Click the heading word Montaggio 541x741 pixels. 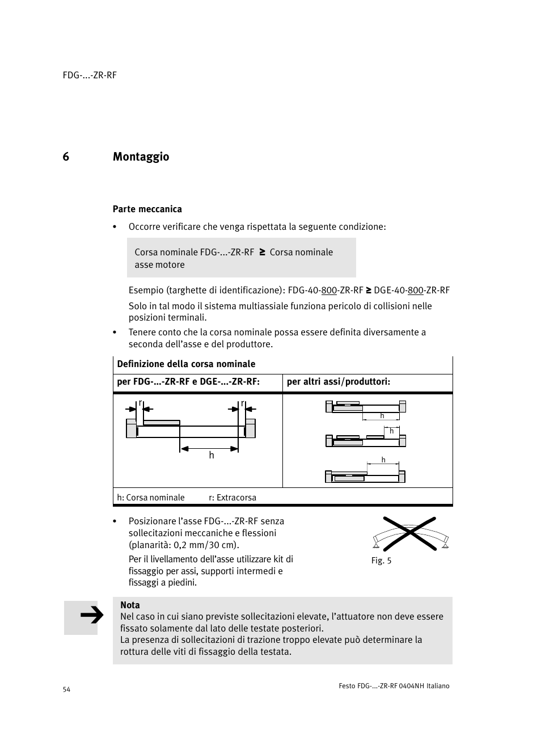pos(141,157)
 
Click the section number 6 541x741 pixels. pos(66,157)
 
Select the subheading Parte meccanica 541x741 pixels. pos(147,209)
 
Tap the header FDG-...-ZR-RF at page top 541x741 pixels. pos(90,75)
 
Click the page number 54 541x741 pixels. pos(66,689)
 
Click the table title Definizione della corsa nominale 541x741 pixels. pos(186,364)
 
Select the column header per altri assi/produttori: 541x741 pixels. pos(339,382)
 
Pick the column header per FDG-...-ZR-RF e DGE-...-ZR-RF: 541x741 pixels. pos(188,382)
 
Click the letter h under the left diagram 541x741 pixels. pos(212,456)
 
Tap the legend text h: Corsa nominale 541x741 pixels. pos(151,498)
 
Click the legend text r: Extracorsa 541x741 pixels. pos(233,498)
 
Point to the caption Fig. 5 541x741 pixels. pos(381,561)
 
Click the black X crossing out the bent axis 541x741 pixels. pos(409,533)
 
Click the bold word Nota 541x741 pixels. pos(130,605)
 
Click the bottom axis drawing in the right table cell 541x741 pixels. pos(365,475)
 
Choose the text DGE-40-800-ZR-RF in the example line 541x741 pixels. pos(412,290)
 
